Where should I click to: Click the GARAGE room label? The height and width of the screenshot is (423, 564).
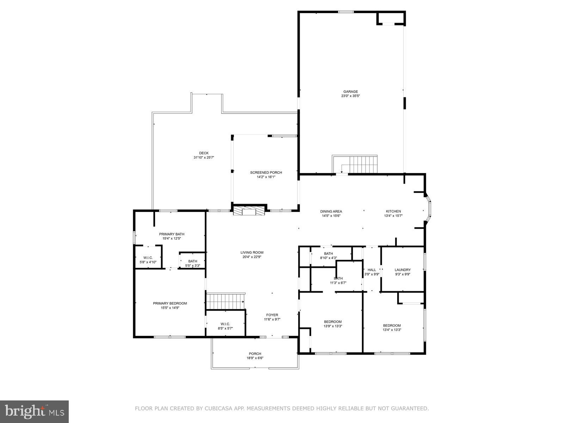(350, 92)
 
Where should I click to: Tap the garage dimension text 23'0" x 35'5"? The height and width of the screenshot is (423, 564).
(350, 96)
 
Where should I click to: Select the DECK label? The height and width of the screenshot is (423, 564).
(204, 153)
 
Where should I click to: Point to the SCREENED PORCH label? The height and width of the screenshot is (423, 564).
(266, 172)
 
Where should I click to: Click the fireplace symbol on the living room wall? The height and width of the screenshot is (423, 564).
(249, 211)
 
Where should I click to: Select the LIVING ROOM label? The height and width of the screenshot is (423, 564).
(252, 252)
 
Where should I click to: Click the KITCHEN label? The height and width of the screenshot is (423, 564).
(393, 211)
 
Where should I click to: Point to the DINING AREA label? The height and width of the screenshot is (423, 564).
(331, 211)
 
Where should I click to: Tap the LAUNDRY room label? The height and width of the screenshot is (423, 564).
(403, 270)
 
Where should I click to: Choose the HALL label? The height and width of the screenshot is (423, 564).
(372, 270)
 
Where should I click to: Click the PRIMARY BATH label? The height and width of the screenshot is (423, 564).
(172, 234)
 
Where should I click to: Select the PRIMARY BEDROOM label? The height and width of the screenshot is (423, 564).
(170, 303)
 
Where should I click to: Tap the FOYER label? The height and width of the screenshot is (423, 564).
(272, 315)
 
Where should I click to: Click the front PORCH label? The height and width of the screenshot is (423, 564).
(255, 354)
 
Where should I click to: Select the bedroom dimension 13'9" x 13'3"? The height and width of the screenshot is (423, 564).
(333, 326)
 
